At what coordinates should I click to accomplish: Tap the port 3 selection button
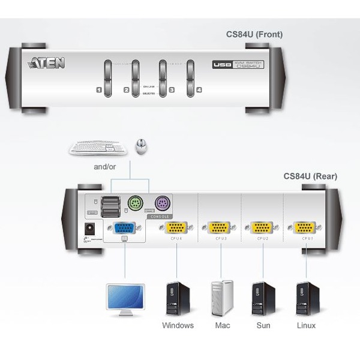162,78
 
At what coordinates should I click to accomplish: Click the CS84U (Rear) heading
310,176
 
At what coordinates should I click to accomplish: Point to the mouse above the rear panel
141,146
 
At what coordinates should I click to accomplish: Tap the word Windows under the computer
178,326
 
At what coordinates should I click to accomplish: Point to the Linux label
306,326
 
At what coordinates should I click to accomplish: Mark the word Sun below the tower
263,326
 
